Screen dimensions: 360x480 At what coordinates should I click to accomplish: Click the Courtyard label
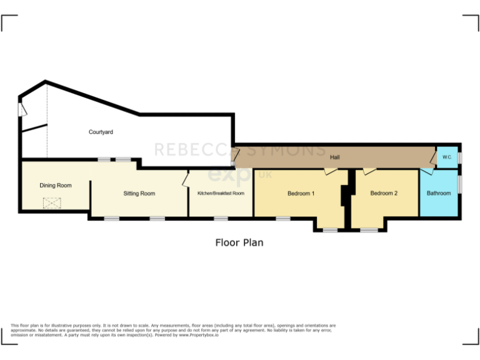click(101, 132)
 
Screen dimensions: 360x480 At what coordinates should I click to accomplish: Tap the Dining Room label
click(56, 185)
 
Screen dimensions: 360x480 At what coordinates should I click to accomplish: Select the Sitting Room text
click(139, 193)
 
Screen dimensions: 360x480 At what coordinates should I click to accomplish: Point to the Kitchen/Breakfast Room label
click(221, 193)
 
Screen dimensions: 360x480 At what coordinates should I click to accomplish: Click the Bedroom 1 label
click(301, 193)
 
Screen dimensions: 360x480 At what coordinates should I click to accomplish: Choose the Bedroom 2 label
click(384, 193)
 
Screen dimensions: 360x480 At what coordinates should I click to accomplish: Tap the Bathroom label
click(439, 193)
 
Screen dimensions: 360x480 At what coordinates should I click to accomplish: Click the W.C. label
click(447, 157)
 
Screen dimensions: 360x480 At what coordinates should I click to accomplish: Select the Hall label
click(335, 157)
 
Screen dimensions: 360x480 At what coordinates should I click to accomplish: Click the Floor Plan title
click(239, 242)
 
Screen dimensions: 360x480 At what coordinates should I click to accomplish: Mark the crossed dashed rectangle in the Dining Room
click(49, 202)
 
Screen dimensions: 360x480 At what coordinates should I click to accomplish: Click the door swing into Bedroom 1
click(330, 171)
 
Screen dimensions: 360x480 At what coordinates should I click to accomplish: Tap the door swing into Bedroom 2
click(369, 171)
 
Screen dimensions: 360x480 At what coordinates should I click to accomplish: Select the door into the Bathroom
click(426, 171)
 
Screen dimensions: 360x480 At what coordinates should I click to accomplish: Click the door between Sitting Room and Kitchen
click(186, 181)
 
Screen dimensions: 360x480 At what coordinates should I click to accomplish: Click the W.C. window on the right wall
click(460, 157)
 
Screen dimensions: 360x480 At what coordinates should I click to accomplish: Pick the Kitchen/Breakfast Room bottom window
click(221, 218)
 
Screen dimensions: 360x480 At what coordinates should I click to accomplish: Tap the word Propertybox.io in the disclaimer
click(199, 336)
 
